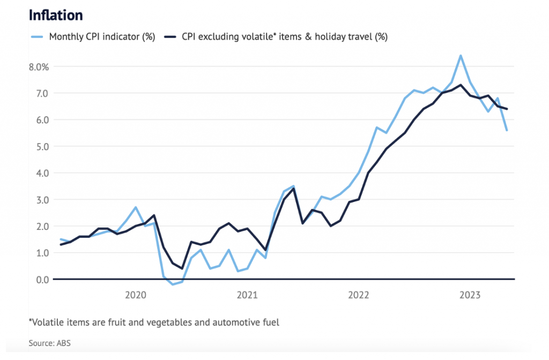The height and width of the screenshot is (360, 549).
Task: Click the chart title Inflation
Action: pyautogui.click(x=56, y=14)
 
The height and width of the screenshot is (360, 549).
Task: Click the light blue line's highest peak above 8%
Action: pyautogui.click(x=461, y=56)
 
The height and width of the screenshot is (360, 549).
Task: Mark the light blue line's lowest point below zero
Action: pyautogui.click(x=173, y=284)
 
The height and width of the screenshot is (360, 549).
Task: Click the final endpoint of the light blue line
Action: pyautogui.click(x=507, y=130)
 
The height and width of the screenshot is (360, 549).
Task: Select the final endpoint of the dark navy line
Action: pyautogui.click(x=507, y=109)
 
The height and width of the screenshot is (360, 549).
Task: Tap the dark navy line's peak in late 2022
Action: pyautogui.click(x=461, y=85)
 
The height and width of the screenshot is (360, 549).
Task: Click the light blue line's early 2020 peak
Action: pyautogui.click(x=136, y=207)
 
